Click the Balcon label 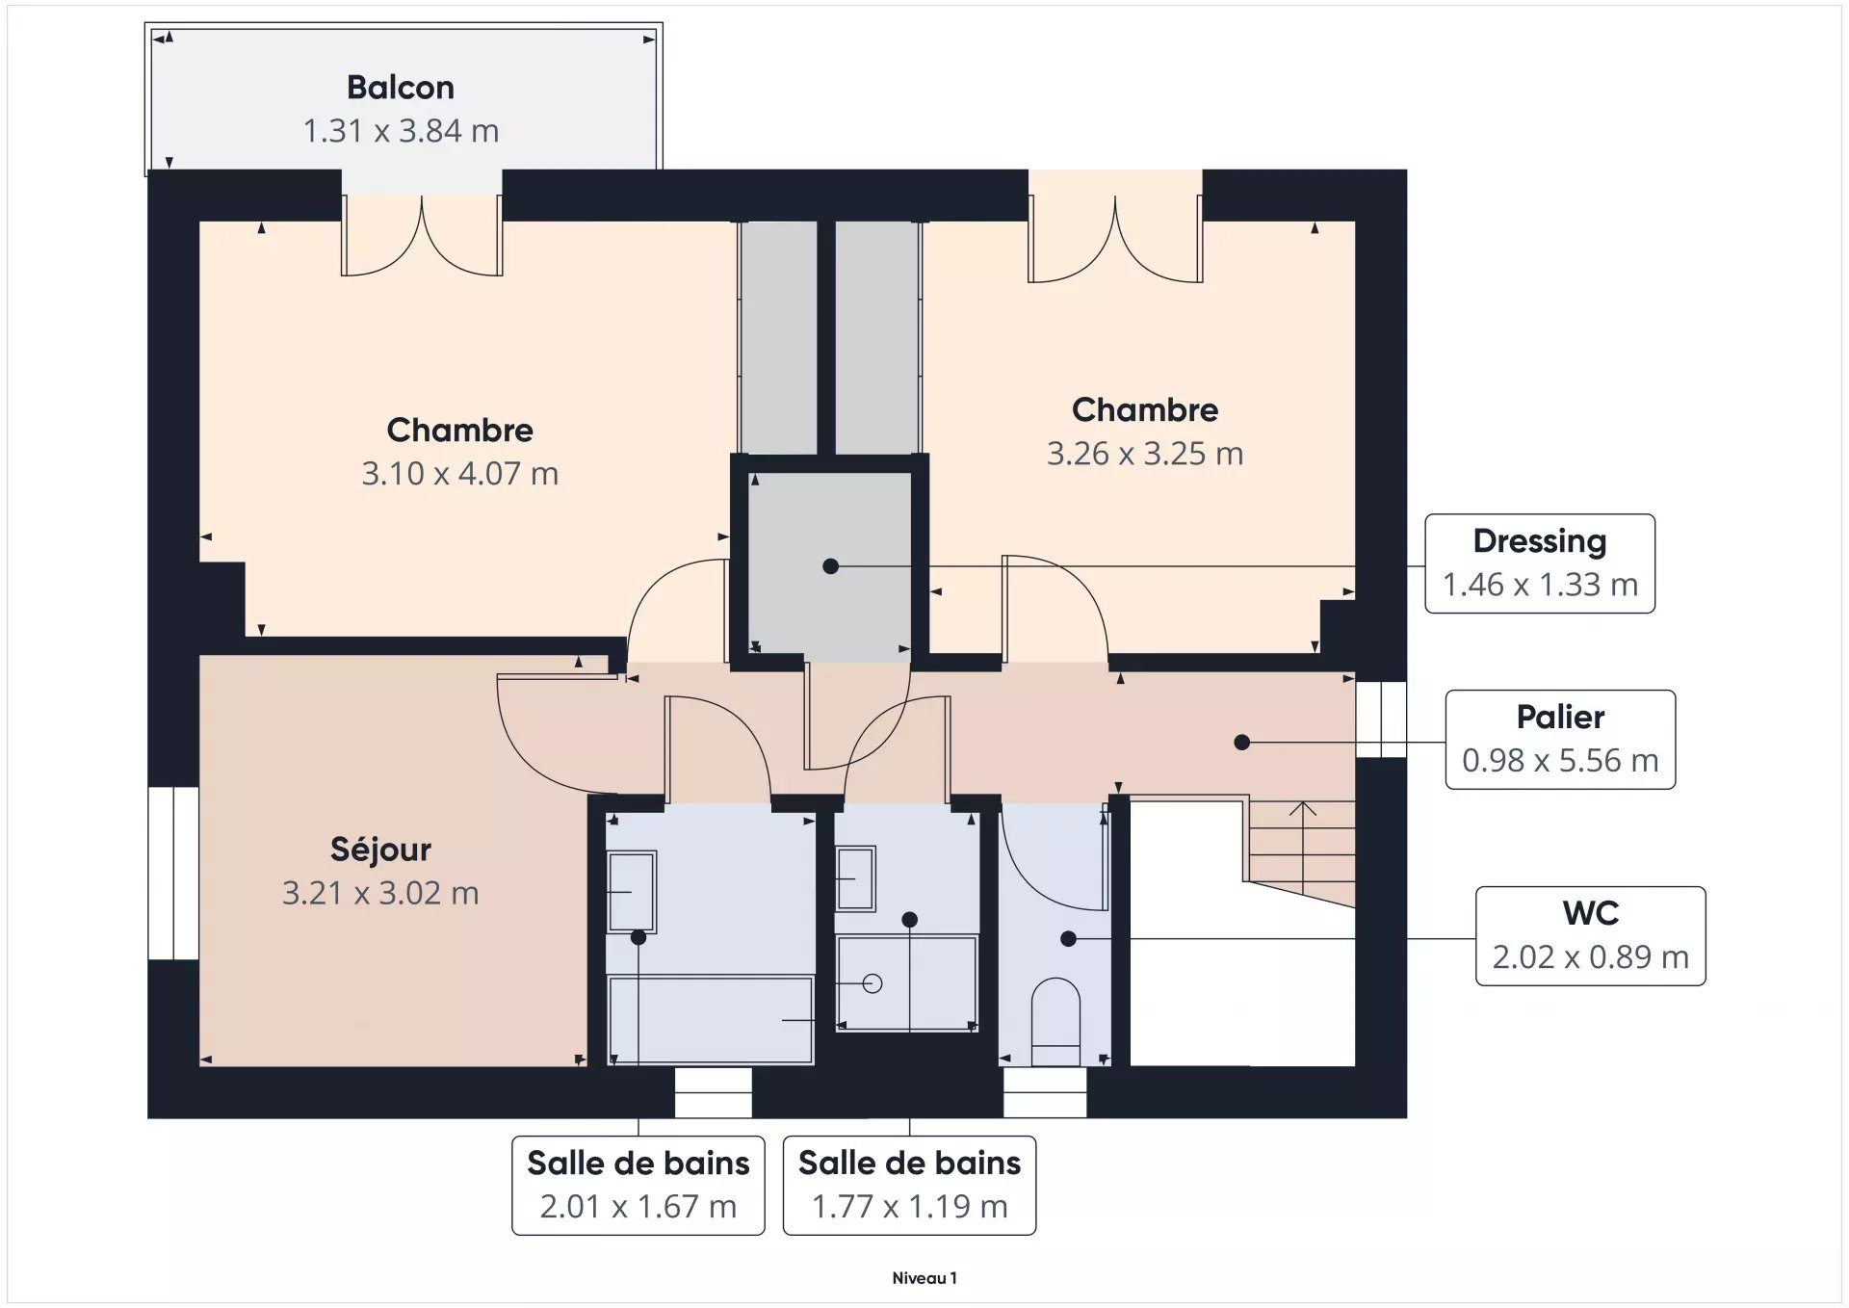click(401, 88)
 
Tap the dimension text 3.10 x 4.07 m click(459, 474)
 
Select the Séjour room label click(380, 850)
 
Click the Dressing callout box click(1540, 563)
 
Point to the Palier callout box click(1560, 740)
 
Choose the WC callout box click(1591, 935)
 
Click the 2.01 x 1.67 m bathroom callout click(638, 1185)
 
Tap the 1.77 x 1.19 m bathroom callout click(909, 1185)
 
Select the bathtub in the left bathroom click(711, 1020)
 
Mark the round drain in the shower click(872, 983)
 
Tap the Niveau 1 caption click(924, 1278)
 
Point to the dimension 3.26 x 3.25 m click(1145, 454)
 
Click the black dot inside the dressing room click(831, 566)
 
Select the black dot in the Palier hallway click(1242, 743)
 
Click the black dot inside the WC click(1068, 938)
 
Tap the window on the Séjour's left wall click(173, 874)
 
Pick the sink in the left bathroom click(632, 892)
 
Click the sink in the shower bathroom click(855, 878)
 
